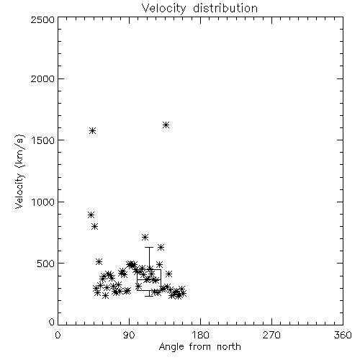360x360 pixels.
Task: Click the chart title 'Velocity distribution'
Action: coord(199,8)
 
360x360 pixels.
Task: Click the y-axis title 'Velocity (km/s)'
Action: coord(19,171)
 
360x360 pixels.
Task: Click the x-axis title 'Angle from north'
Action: coord(200,347)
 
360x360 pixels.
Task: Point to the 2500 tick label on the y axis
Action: coord(42,19)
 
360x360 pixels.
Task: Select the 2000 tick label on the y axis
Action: coord(42,78)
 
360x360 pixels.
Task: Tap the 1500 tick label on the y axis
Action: coord(43,140)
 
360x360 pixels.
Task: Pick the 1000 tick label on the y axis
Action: coord(43,202)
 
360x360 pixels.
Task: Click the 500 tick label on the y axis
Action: coord(46,264)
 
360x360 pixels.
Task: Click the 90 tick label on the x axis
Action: coord(129,335)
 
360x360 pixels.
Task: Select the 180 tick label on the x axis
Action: coord(200,335)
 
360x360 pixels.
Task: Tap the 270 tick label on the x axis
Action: coord(271,335)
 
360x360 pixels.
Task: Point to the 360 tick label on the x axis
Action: coord(343,335)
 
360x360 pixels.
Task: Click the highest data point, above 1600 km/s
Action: coord(166,125)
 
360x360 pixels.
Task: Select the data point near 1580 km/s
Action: coord(93,131)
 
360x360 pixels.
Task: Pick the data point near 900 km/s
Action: coord(91,215)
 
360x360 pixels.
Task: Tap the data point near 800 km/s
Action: coord(95,226)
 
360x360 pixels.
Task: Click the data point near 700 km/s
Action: coord(145,238)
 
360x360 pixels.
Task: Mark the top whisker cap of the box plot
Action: coord(149,247)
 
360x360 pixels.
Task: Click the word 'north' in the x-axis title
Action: coord(229,347)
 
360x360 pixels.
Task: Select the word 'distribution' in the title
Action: coord(225,8)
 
